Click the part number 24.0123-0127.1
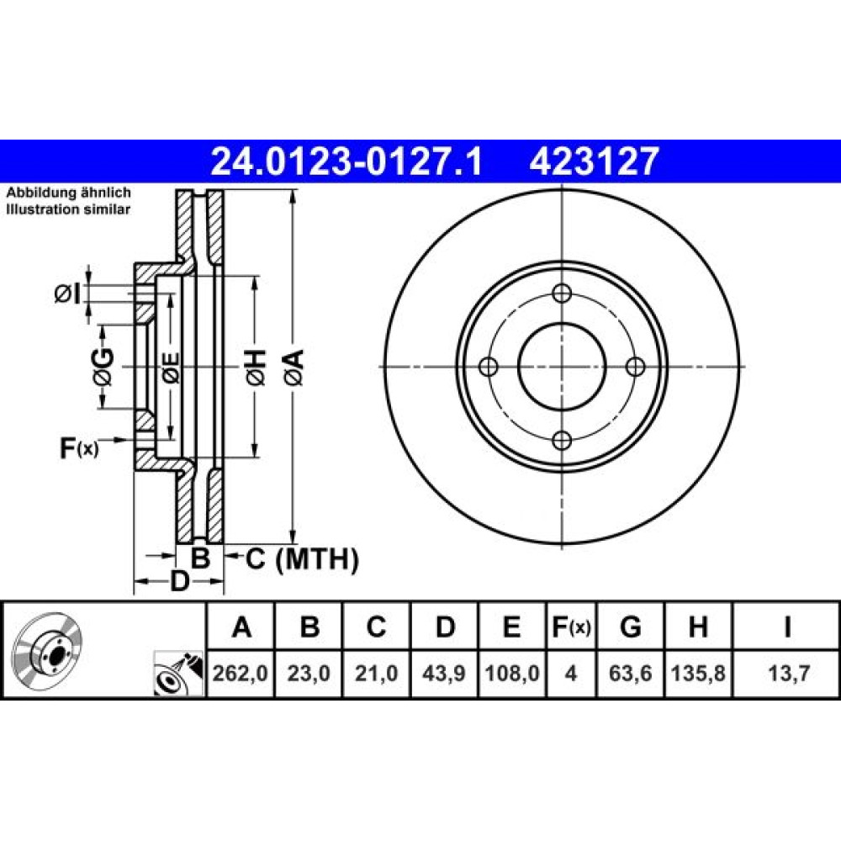[x=347, y=162]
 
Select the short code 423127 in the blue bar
[x=593, y=162]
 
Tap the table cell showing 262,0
[x=241, y=674]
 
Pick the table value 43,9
[x=443, y=674]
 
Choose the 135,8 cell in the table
[x=698, y=674]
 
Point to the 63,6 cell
[x=630, y=674]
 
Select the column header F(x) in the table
[x=571, y=627]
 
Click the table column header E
[x=512, y=627]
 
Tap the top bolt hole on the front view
[x=562, y=293]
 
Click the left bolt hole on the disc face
[x=488, y=367]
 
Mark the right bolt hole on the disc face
[x=636, y=367]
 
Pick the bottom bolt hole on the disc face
[x=562, y=441]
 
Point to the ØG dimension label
[x=103, y=367]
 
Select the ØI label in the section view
[x=67, y=294]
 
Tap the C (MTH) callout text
[x=302, y=559]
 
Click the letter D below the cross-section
[x=180, y=581]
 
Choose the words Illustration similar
[x=68, y=209]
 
